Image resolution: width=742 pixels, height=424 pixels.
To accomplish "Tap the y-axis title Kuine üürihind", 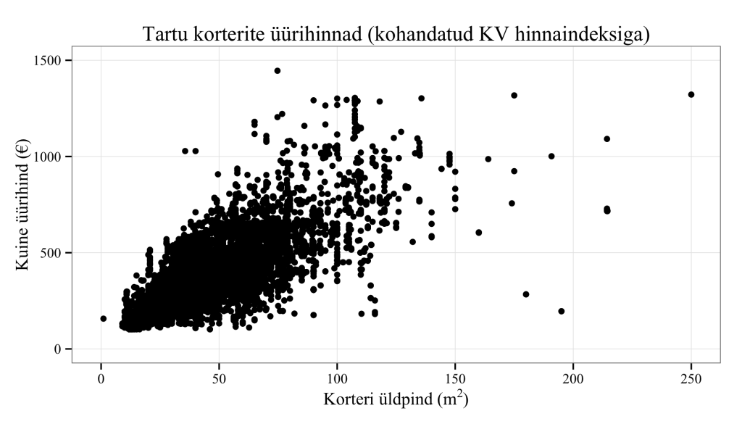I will (23, 204).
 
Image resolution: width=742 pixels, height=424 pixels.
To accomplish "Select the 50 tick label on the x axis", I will (219, 378).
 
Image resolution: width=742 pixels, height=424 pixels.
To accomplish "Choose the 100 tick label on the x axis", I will (337, 378).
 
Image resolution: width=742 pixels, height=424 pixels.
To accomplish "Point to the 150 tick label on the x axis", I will (455, 378).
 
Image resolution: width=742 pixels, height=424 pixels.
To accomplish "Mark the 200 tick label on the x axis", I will (573, 378).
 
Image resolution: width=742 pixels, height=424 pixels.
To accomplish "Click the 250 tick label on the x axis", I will (691, 378).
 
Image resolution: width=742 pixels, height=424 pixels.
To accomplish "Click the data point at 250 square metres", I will (691, 94).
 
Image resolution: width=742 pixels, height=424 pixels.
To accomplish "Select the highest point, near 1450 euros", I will (278, 71).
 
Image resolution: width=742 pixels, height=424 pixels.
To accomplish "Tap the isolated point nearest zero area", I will (104, 318).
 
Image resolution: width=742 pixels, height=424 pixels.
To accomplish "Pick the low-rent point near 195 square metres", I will (561, 311).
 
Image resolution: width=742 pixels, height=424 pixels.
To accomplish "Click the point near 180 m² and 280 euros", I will (526, 294).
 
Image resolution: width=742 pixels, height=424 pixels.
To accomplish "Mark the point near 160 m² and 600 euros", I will (479, 233).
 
